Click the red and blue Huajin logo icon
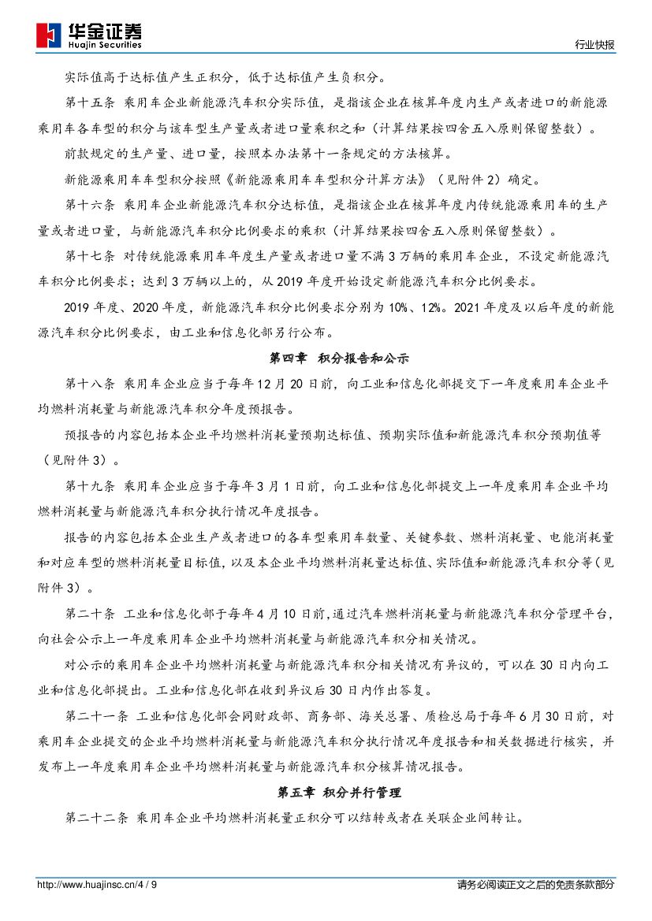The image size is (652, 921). (50, 35)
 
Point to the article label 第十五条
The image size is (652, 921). (91, 103)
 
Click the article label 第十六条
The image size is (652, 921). (91, 206)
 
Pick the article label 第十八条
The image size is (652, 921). (91, 384)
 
